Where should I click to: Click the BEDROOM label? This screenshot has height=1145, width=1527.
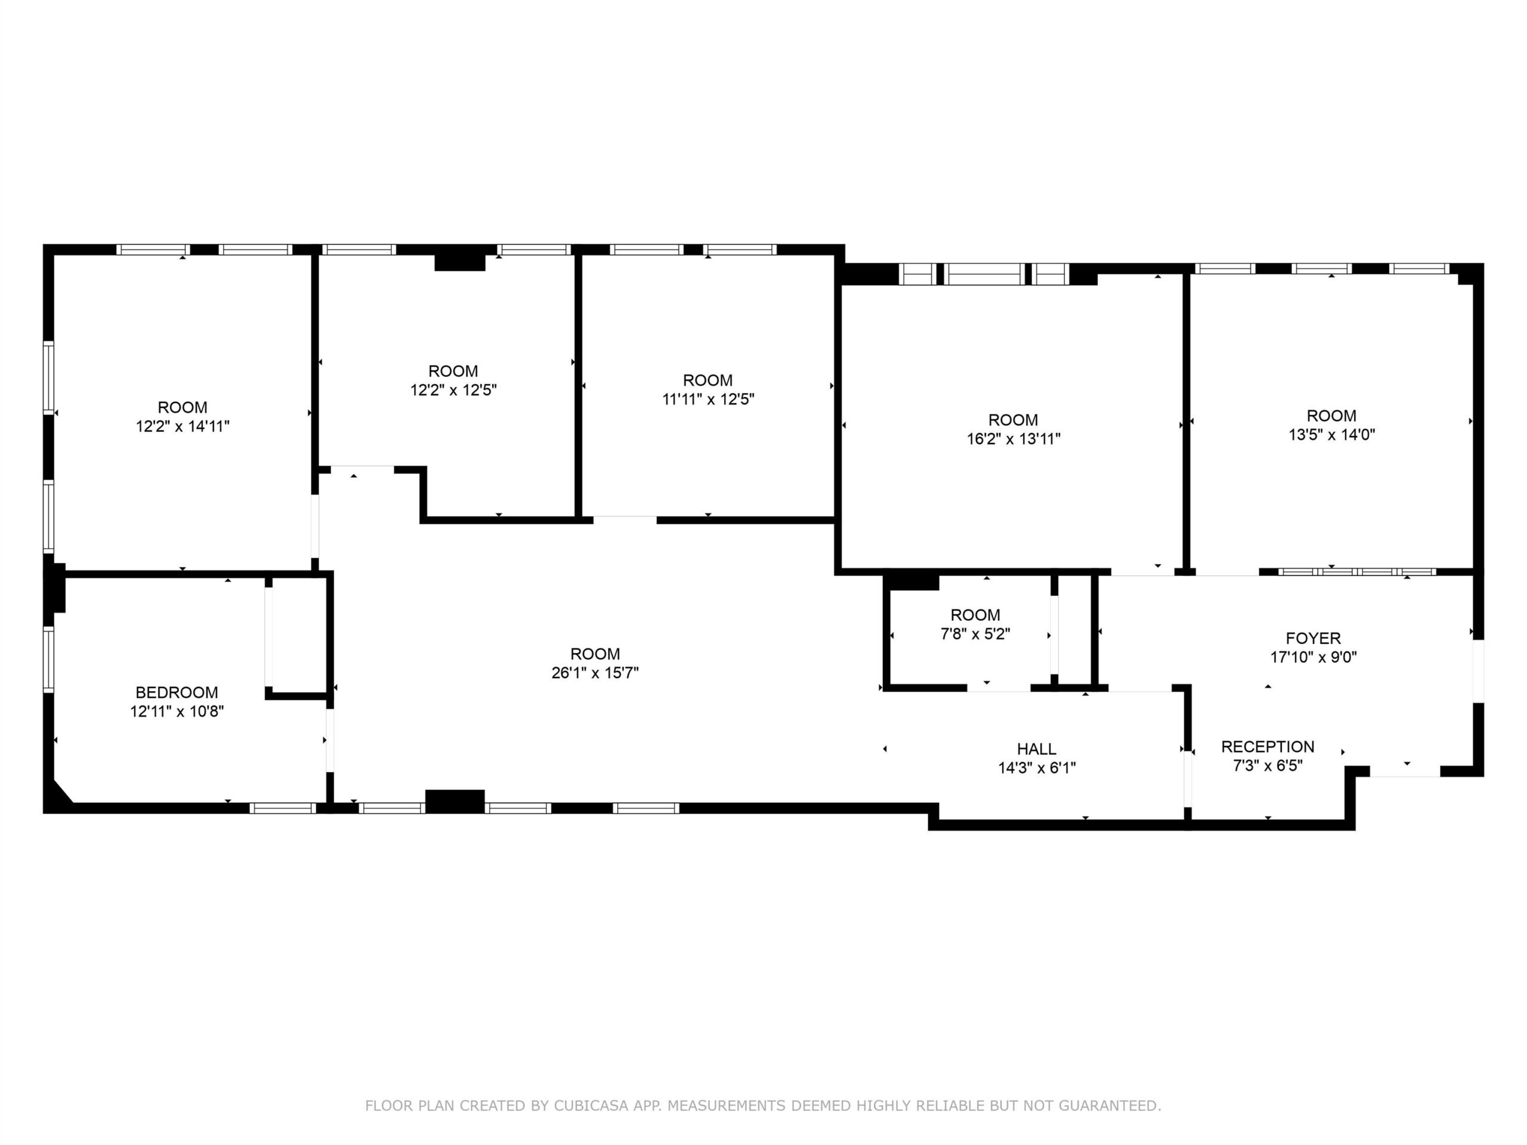pyautogui.click(x=177, y=692)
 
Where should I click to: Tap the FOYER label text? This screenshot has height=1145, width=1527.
pyautogui.click(x=1313, y=639)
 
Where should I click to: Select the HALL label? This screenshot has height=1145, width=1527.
pyautogui.click(x=1036, y=749)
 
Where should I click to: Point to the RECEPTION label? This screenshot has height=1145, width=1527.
pyautogui.click(x=1268, y=747)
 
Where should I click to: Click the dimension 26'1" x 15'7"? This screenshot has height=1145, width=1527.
pyautogui.click(x=595, y=672)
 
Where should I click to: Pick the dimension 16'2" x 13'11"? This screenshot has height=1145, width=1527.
pyautogui.click(x=1013, y=438)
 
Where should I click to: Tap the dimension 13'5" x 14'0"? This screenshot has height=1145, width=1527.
pyautogui.click(x=1331, y=434)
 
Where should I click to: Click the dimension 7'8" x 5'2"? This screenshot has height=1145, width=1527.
pyautogui.click(x=975, y=633)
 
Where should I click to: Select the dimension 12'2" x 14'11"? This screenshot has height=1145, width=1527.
pyautogui.click(x=183, y=426)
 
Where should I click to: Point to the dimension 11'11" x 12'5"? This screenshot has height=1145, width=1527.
pyautogui.click(x=708, y=399)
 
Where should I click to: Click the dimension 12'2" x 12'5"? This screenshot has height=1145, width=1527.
pyautogui.click(x=453, y=390)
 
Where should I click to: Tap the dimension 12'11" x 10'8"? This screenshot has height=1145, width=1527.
pyautogui.click(x=177, y=711)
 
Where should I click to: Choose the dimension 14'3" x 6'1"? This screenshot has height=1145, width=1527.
pyautogui.click(x=1037, y=768)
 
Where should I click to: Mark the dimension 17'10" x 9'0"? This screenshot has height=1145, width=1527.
pyautogui.click(x=1313, y=657)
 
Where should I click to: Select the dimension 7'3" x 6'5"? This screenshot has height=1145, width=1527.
pyautogui.click(x=1268, y=765)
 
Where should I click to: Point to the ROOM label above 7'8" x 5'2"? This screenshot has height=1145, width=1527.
pyautogui.click(x=975, y=615)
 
